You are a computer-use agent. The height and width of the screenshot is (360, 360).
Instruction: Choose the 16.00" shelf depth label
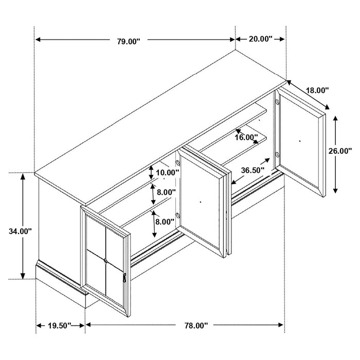pyautogui.click(x=246, y=137)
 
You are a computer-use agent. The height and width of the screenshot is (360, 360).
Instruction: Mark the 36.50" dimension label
pyautogui.click(x=252, y=170)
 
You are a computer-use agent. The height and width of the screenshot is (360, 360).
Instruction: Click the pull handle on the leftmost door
pyautogui.click(x=124, y=278)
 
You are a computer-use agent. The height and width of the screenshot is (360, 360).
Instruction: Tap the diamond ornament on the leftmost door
pyautogui.click(x=106, y=261)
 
